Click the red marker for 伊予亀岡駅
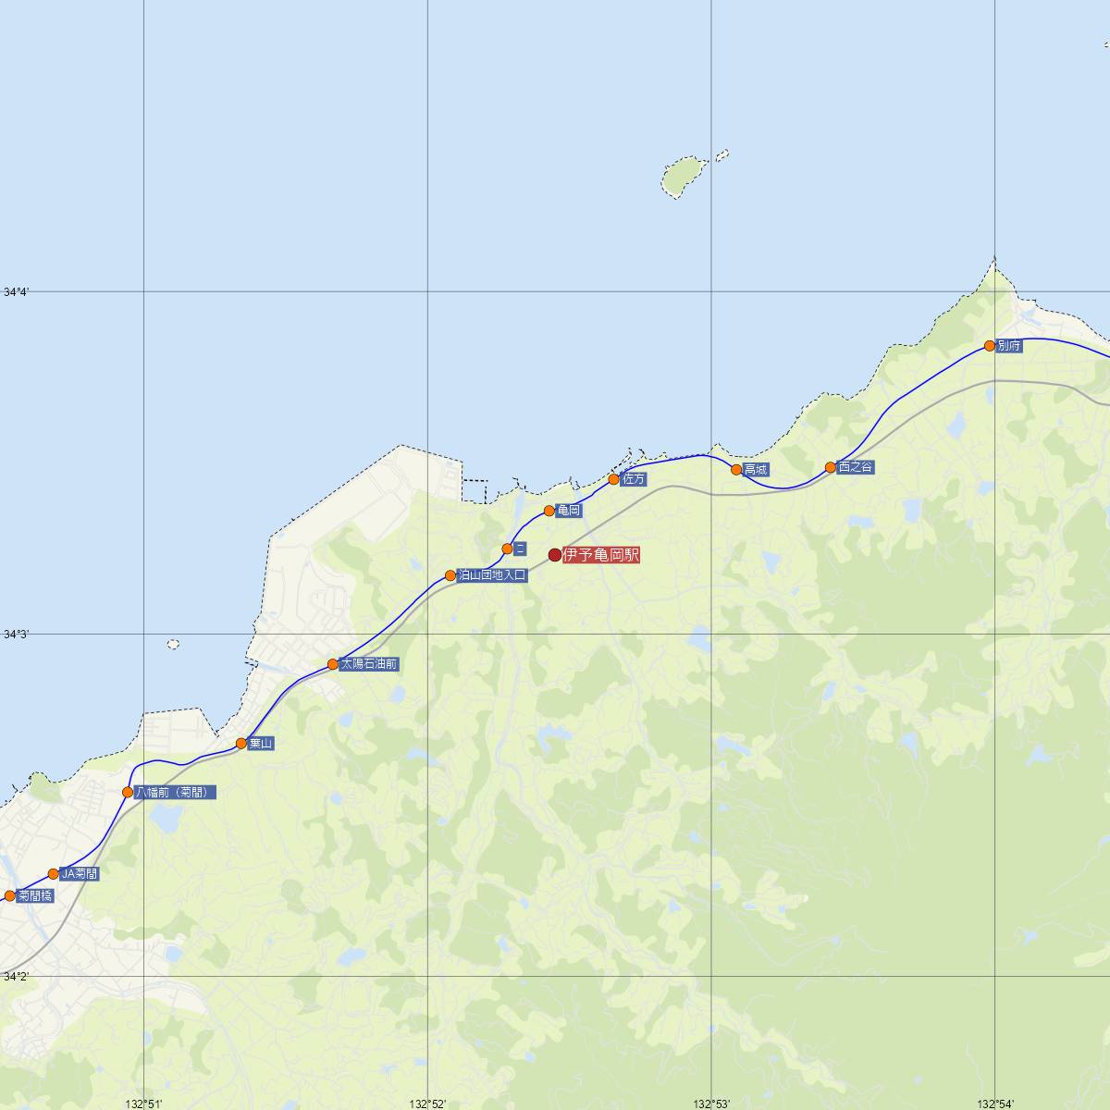point(555,555)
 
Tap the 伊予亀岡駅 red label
point(601,555)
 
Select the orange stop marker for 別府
point(990,346)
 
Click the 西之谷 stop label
point(856,468)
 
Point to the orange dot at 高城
point(736,470)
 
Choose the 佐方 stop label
point(635,479)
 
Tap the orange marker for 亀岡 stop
point(549,511)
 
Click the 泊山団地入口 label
point(492,575)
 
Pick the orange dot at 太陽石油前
point(333,664)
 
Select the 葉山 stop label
point(261,744)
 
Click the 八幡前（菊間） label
point(176,793)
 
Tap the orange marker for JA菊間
point(54,874)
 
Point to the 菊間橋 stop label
point(35,895)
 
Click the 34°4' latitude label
point(16,292)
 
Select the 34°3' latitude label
point(16,635)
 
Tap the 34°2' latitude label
point(16,977)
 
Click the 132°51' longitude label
point(144,1104)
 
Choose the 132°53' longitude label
point(712,1104)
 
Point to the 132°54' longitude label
point(995,1104)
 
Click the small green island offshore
point(683,176)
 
